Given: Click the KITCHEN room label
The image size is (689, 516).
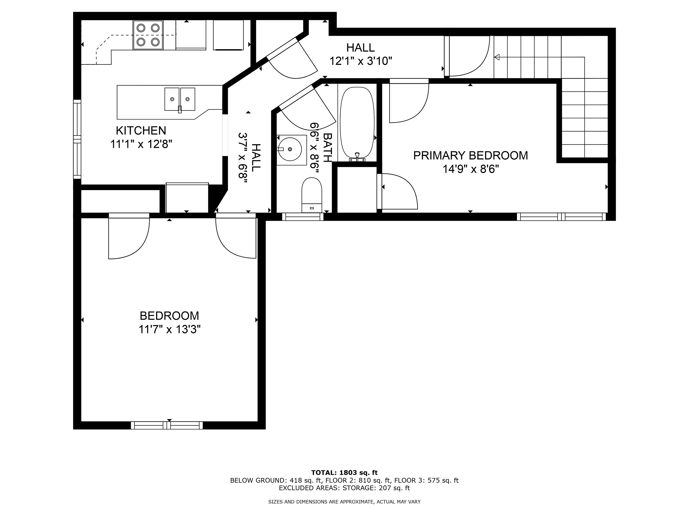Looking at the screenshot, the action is (141, 130).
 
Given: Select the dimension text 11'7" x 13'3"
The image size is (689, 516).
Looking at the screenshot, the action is (169, 329).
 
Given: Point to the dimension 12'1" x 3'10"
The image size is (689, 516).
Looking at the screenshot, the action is (360, 61).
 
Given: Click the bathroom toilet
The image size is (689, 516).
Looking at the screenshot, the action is (312, 195).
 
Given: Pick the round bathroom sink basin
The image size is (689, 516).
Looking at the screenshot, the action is (290, 149).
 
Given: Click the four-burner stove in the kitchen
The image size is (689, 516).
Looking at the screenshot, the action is (148, 35).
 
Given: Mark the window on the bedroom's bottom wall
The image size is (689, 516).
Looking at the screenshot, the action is (167, 425).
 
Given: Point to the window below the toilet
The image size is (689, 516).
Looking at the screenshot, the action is (303, 217).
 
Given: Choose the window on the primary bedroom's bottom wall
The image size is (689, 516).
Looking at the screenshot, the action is (562, 217).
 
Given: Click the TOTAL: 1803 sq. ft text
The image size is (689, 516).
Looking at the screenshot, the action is (344, 473).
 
